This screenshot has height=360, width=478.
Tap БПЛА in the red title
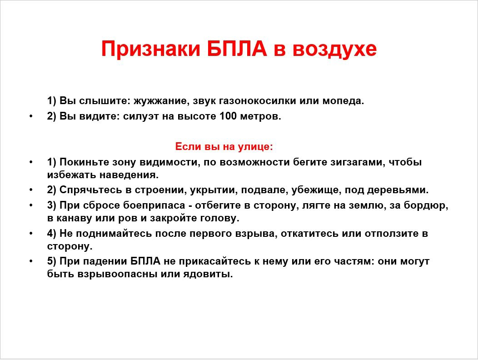(x=237, y=49)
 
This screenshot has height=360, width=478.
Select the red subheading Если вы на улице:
(x=224, y=147)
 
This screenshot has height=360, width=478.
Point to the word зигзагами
(x=357, y=162)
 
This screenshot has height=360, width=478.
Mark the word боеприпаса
(x=154, y=205)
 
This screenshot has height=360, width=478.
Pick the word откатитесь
(x=309, y=234)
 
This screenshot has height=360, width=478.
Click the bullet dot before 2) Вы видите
(x=31, y=116)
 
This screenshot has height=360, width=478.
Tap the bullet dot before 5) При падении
(x=31, y=261)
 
